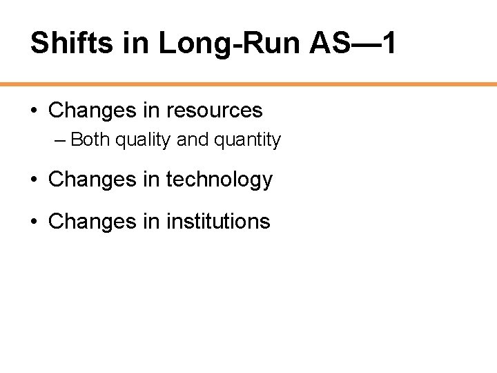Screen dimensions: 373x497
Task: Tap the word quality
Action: (143, 140)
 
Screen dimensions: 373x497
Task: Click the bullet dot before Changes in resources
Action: (34, 111)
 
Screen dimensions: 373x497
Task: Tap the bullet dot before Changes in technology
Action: (34, 180)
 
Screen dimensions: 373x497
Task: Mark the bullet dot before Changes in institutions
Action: (34, 222)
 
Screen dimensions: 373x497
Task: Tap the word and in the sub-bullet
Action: (192, 140)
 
